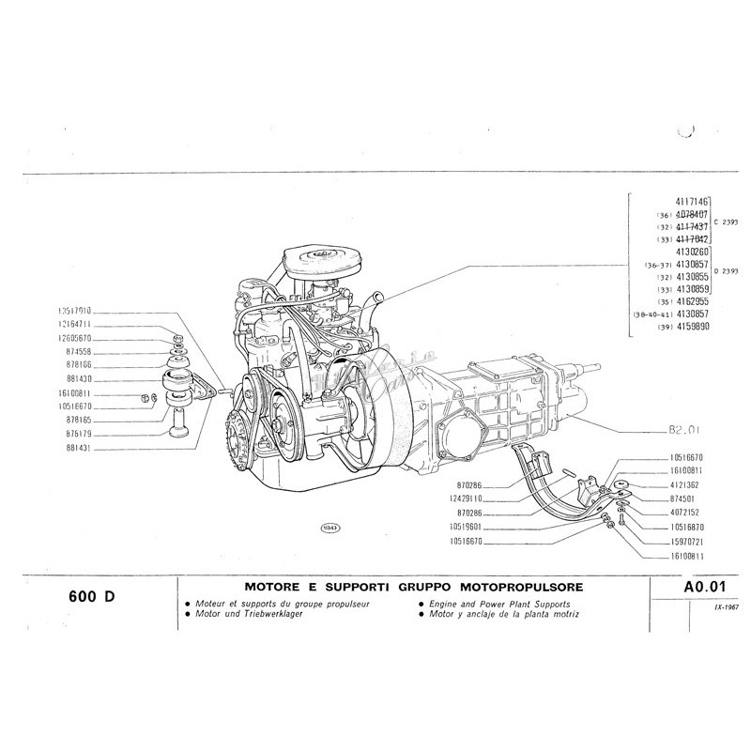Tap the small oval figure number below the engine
pyautogui.click(x=330, y=528)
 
